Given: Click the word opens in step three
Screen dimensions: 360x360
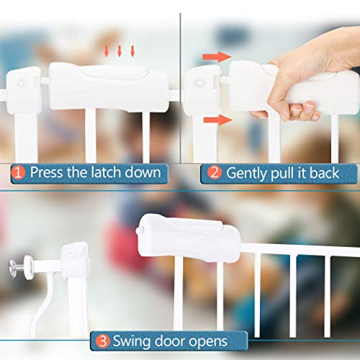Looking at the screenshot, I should tap(206, 341).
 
